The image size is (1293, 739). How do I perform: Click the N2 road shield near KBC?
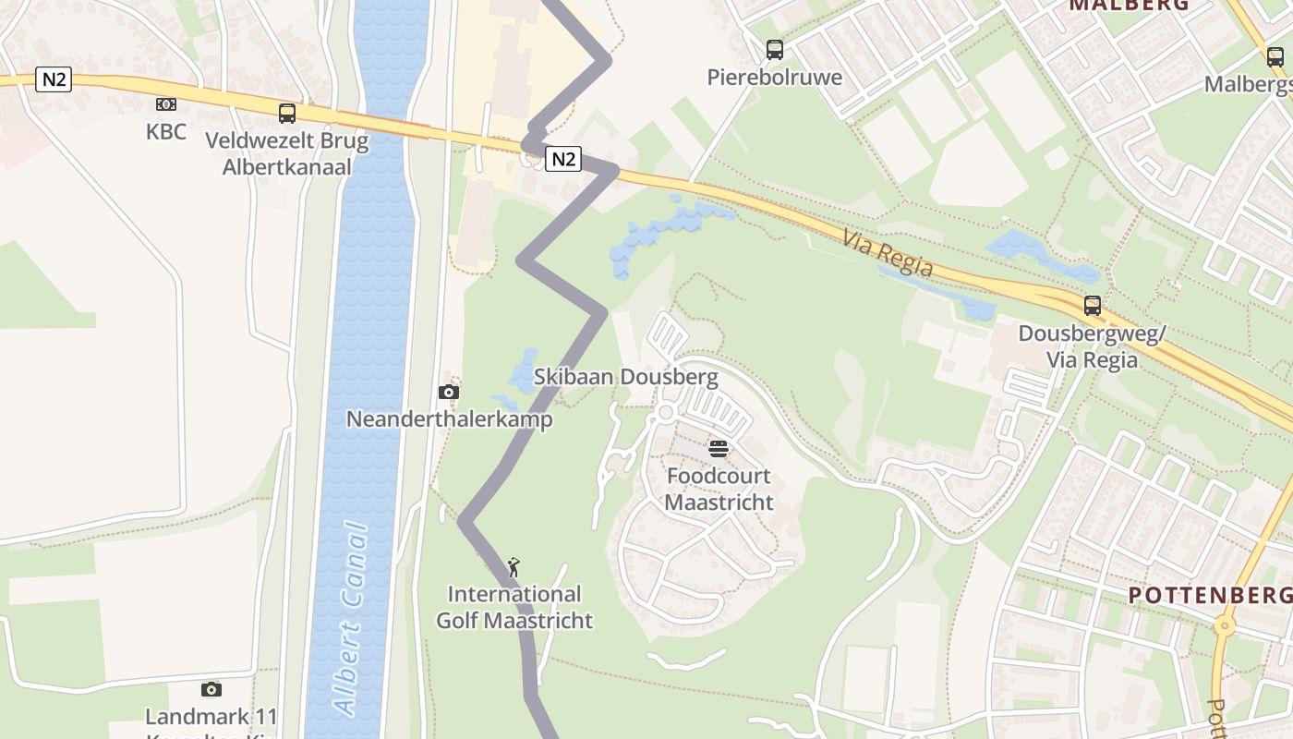[54, 79]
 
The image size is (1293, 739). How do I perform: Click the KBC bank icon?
[166, 104]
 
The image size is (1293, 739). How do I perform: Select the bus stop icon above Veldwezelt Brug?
[287, 114]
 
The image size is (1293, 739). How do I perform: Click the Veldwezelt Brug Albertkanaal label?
[286, 154]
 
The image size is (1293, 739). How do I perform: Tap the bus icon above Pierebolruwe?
[774, 50]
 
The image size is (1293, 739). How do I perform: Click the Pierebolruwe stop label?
[774, 77]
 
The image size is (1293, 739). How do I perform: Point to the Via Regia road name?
[888, 254]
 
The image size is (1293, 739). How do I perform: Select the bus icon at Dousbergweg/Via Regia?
[1093, 305]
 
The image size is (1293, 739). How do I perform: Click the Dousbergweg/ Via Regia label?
[1093, 345]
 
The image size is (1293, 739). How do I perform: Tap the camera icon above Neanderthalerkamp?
[449, 392]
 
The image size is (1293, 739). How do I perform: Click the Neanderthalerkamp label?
[449, 419]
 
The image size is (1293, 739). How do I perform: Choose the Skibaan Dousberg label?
[625, 377]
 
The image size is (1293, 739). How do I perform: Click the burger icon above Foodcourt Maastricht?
[719, 450]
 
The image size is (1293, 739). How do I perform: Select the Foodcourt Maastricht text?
[719, 490]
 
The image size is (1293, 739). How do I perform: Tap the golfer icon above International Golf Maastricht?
[514, 566]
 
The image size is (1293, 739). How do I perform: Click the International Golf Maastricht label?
[514, 607]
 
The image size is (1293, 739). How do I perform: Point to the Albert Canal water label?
[350, 619]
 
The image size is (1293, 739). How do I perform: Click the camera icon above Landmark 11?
[211, 689]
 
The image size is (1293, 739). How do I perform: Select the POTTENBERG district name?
[1210, 595]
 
